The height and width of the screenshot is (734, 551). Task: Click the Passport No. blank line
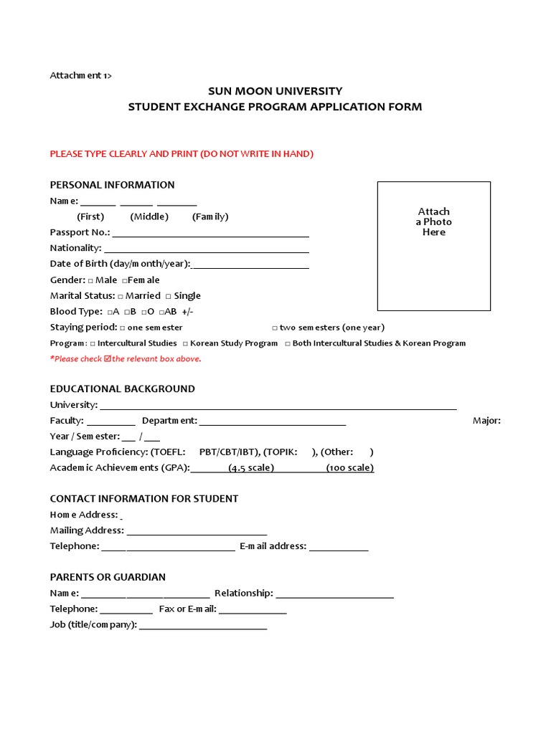[210, 234]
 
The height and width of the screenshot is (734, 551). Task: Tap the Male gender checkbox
[90, 280]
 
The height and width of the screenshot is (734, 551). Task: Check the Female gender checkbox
[125, 280]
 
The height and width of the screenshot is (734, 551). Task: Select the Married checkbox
[121, 296]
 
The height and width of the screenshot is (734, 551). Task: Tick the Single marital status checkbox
[168, 296]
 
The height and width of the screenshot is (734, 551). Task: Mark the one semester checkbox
[123, 328]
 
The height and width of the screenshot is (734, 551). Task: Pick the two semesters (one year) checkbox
[275, 328]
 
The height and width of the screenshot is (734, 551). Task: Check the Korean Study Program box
[185, 343]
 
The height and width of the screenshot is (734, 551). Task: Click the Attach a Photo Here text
[434, 221]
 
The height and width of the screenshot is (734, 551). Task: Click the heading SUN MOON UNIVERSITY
[275, 91]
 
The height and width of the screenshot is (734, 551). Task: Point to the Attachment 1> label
[80, 75]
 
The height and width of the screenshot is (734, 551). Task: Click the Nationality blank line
[207, 250]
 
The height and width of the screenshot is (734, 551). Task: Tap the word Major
[486, 421]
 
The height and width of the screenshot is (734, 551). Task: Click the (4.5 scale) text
[251, 468]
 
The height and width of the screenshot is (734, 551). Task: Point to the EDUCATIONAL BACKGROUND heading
[122, 389]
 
